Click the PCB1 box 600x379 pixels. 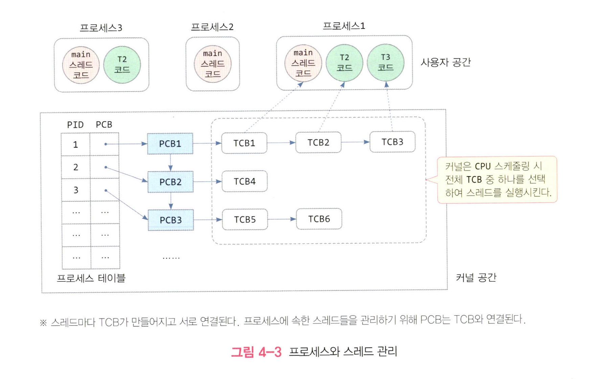tap(170, 144)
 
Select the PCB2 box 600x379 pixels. tap(170, 182)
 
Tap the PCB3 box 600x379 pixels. tap(171, 220)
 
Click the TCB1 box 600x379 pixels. tap(244, 143)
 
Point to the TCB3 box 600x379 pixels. tap(392, 142)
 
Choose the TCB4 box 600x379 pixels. tap(245, 181)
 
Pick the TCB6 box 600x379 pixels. tap(319, 219)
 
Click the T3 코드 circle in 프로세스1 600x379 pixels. tap(386, 63)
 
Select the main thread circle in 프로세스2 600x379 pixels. tap(213, 64)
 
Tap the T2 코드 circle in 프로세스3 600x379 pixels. tap(122, 65)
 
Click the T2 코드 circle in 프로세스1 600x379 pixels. tap(344, 63)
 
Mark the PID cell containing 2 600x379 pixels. tap(76, 167)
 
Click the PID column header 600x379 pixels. tap(75, 125)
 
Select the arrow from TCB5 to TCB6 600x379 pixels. tap(282, 219)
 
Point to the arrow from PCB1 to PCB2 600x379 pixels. tap(170, 162)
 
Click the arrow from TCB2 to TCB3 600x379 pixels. tap(355, 142)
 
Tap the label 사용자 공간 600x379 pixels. tap(445, 62)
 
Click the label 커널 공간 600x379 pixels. tap(476, 278)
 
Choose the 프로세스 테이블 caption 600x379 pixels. tap(91, 278)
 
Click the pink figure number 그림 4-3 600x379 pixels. tap(256, 352)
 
